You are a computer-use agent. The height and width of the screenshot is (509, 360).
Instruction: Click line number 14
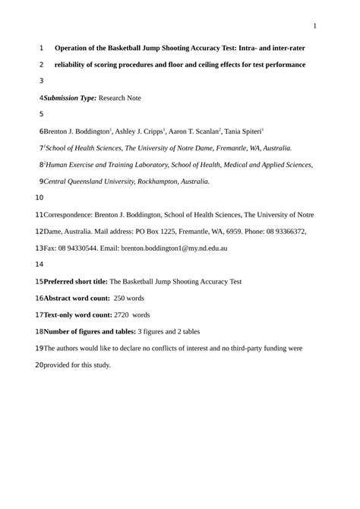coord(40,265)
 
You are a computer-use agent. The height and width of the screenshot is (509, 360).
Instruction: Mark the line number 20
coord(40,365)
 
